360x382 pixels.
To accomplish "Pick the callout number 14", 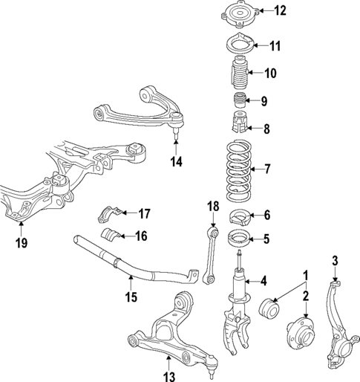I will pos(174,160).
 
